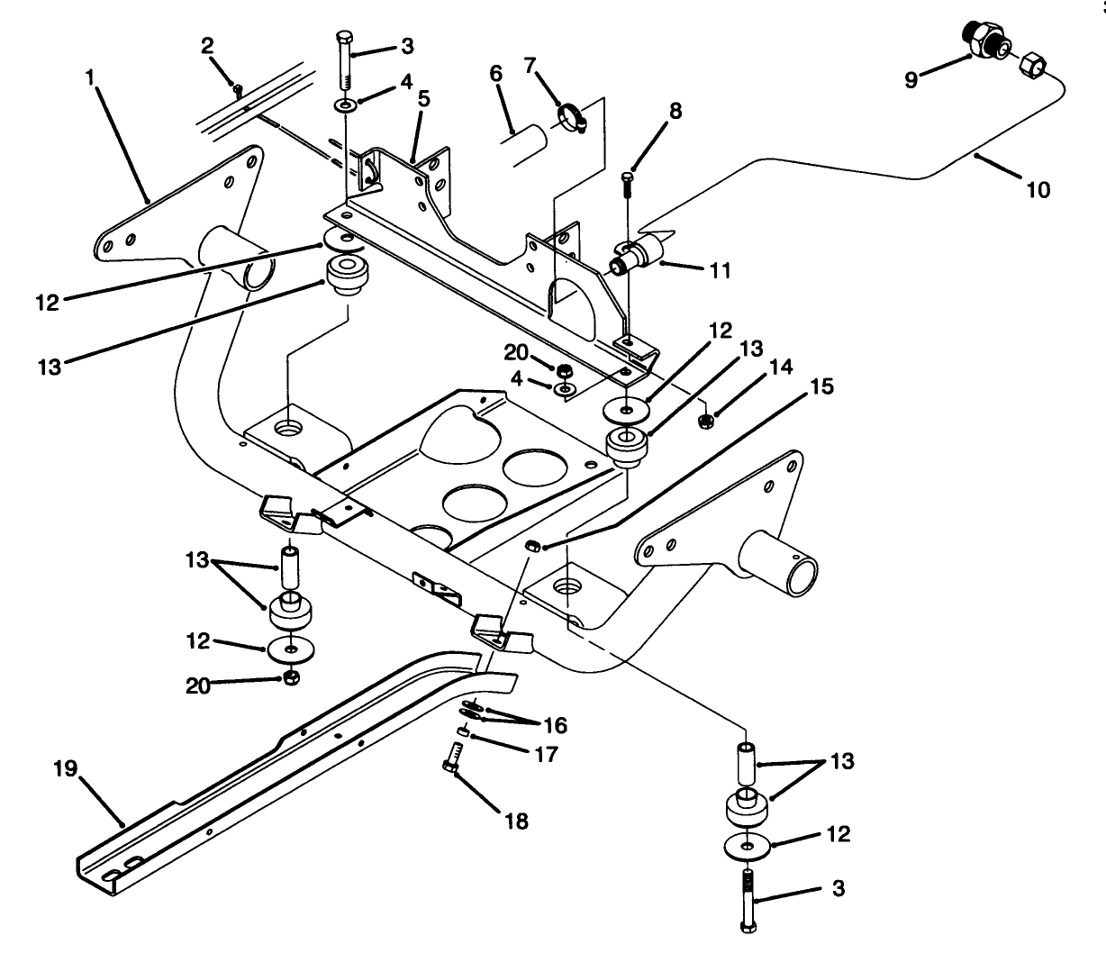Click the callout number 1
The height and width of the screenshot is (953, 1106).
tap(90, 78)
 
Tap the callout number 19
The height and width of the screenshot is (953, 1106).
tap(66, 769)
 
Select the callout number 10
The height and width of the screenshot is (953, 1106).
tap(1038, 190)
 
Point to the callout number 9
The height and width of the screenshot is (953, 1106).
tap(911, 80)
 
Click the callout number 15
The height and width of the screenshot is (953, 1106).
tap(822, 386)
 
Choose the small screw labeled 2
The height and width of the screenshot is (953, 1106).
tap(236, 89)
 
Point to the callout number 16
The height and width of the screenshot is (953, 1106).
tap(555, 725)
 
